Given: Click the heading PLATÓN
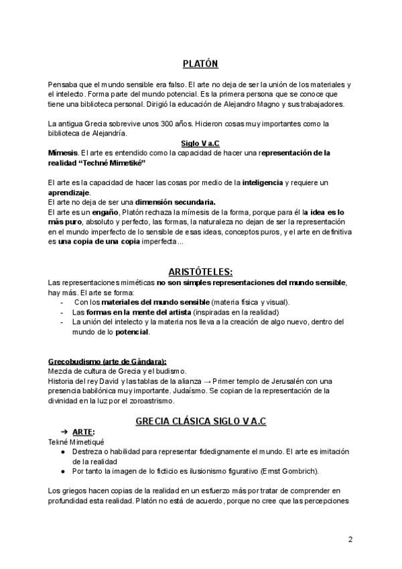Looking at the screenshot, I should (200, 64).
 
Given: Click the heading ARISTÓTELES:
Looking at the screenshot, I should (200, 272).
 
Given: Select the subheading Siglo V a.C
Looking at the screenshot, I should (200, 144).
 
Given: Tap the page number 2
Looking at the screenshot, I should (350, 540).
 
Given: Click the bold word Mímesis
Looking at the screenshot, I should (63, 153).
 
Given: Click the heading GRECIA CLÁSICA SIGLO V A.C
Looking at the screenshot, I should (200, 421).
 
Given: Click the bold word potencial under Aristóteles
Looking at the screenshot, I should (132, 332).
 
